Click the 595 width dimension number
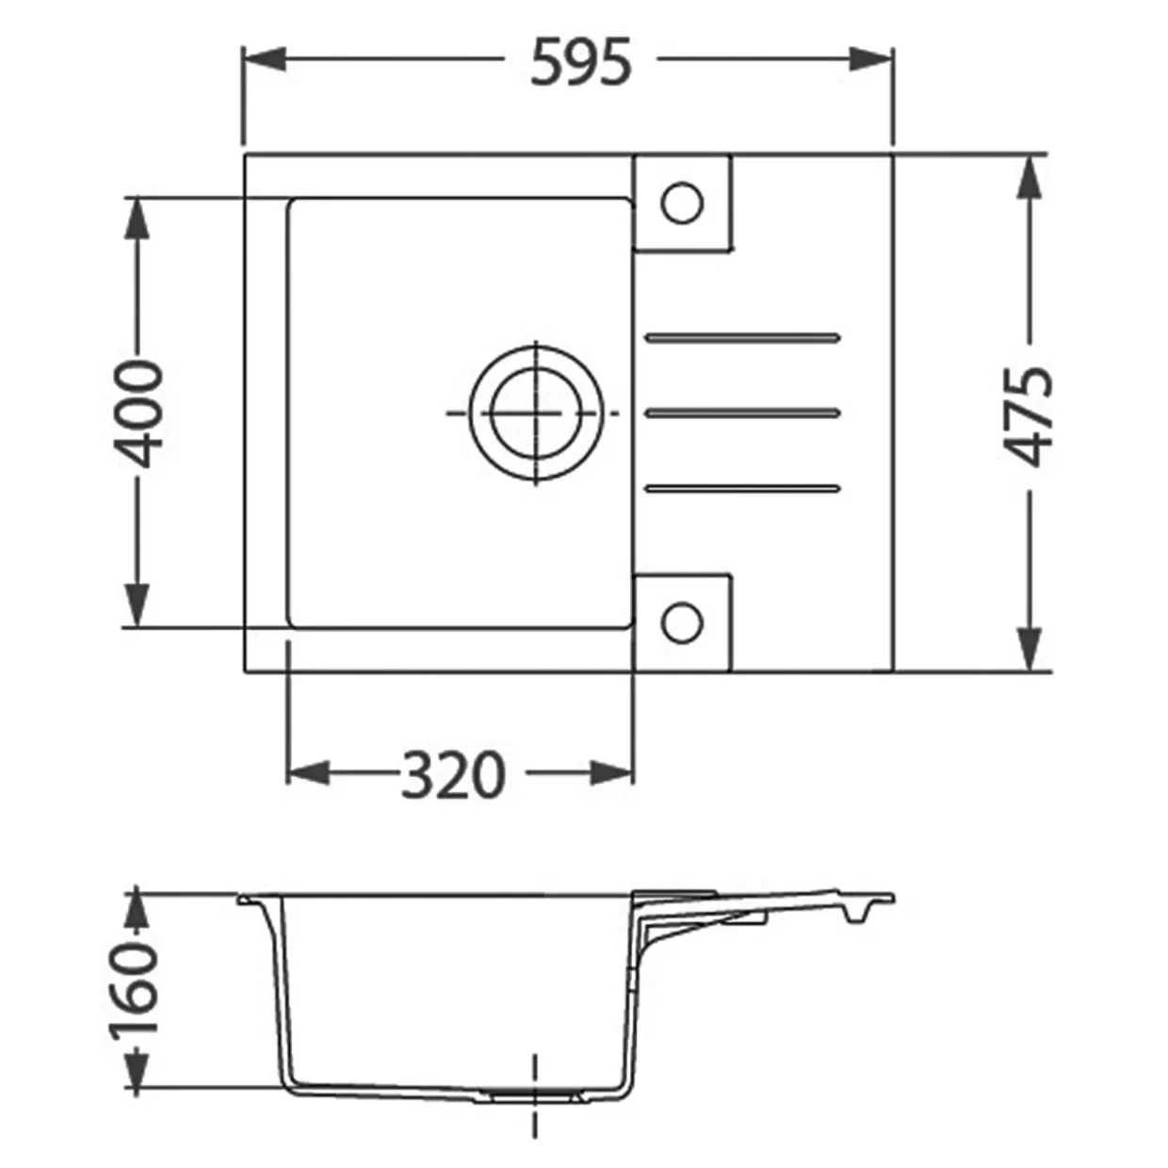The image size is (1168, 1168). (581, 60)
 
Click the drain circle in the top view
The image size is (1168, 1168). (536, 414)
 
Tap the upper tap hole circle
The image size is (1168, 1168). (682, 202)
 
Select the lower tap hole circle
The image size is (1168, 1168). (682, 623)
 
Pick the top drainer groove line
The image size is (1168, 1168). (744, 337)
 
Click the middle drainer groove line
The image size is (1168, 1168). (744, 414)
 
